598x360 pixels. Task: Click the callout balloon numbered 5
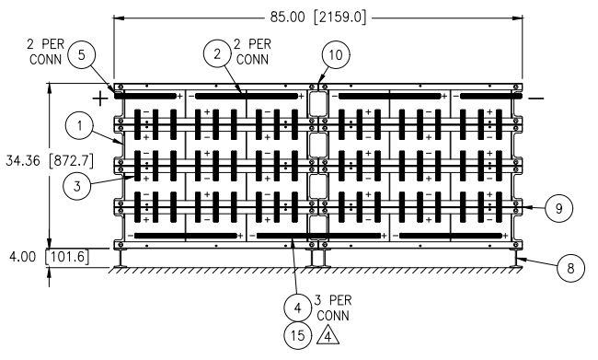[82, 55]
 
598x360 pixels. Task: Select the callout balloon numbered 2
[217, 53]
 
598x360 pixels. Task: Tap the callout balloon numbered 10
[336, 55]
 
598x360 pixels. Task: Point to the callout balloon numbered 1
[79, 125]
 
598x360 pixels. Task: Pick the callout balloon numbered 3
[77, 186]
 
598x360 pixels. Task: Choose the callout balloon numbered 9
[558, 208]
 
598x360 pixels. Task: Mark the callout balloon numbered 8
[570, 268]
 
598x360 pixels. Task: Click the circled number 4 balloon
[298, 308]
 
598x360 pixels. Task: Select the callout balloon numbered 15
[298, 335]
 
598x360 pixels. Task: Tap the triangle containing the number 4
[328, 336]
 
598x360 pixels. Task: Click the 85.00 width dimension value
[288, 17]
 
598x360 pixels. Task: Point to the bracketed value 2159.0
[339, 17]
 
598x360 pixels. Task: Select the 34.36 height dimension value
[23, 161]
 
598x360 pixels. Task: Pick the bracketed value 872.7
[72, 161]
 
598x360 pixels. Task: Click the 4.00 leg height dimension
[23, 257]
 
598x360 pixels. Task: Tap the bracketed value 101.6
[67, 257]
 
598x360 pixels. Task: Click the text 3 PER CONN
[333, 308]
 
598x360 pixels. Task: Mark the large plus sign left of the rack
[100, 99]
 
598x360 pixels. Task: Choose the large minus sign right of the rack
[536, 99]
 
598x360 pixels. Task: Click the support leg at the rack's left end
[121, 258]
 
